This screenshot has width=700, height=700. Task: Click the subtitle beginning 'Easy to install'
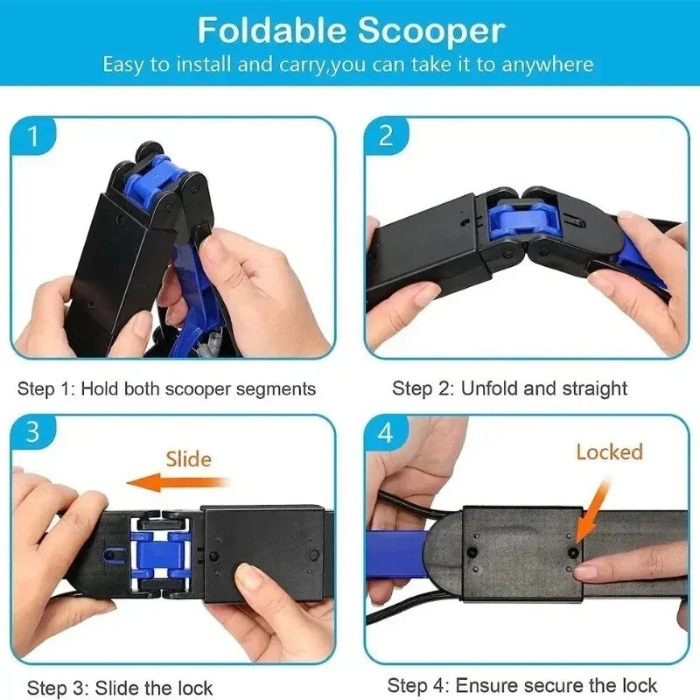pos(348,65)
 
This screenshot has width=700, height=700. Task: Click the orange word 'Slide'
pos(188,458)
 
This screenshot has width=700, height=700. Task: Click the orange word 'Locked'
pos(609,451)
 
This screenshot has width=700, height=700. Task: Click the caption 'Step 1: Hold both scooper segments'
pos(167,388)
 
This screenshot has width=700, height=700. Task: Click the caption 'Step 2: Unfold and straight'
pos(509,388)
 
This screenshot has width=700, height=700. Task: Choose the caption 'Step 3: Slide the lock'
pos(120,688)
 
